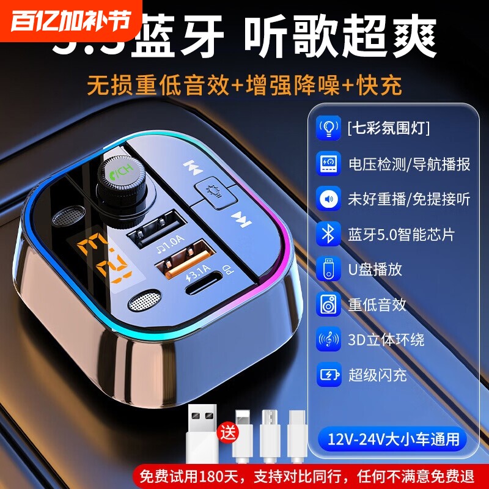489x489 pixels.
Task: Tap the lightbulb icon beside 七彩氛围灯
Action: pyautogui.click(x=328, y=128)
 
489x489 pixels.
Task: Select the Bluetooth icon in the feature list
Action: pyautogui.click(x=328, y=234)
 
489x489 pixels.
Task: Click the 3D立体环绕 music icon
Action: pyautogui.click(x=328, y=340)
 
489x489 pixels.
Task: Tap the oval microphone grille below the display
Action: pyautogui.click(x=145, y=301)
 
